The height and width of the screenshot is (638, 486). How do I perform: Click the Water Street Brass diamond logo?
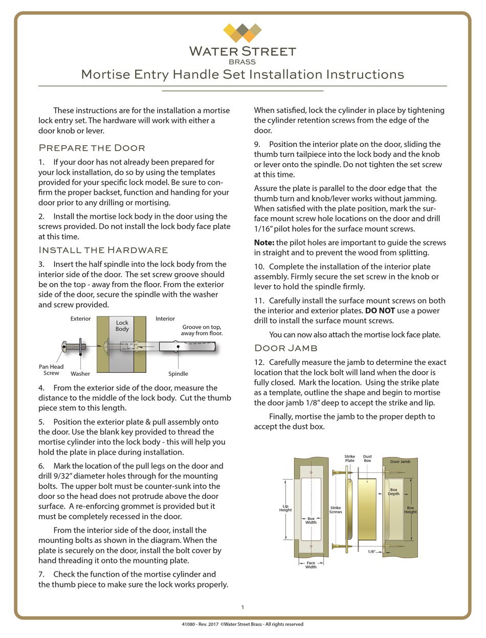[x=242, y=33]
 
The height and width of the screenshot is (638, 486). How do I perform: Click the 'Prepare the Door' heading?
[x=92, y=148]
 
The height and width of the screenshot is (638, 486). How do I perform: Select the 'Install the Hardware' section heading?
[x=103, y=250]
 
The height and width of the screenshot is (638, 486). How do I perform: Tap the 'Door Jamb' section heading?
[x=286, y=348]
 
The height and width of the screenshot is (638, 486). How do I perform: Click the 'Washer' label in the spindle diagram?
[x=80, y=374]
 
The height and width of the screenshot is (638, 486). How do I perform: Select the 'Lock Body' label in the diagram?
[x=122, y=326]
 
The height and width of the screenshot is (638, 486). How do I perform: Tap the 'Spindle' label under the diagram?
[x=178, y=374]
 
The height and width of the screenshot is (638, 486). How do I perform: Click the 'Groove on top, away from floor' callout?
[x=202, y=330]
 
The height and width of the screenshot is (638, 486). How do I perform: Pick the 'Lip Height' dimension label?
[x=285, y=508]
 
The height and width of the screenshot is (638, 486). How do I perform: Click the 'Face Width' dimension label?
[x=311, y=564]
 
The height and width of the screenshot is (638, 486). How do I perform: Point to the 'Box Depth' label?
[x=393, y=492]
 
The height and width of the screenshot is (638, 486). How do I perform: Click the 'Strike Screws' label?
[x=336, y=510]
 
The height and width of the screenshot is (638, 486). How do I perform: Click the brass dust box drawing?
[x=367, y=509]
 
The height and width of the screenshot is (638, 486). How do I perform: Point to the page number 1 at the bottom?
[x=242, y=607]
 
